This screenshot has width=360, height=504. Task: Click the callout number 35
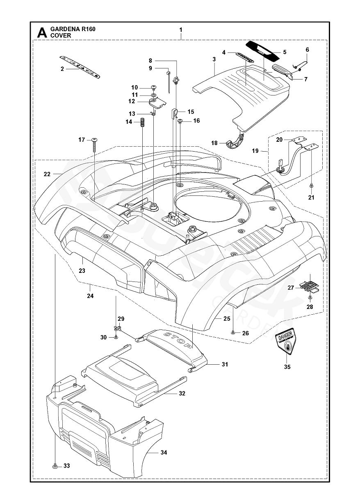(287, 367)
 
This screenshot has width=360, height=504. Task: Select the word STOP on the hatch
(178, 340)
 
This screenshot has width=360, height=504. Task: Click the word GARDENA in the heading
(62, 29)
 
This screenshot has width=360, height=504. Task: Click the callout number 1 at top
(181, 30)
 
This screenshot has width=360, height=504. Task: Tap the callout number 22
(47, 174)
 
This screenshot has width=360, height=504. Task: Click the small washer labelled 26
(233, 333)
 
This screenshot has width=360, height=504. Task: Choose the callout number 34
(164, 453)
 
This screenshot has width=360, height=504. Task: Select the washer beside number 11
(153, 95)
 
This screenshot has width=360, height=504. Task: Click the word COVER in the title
(61, 36)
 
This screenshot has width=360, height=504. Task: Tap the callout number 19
(255, 151)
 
